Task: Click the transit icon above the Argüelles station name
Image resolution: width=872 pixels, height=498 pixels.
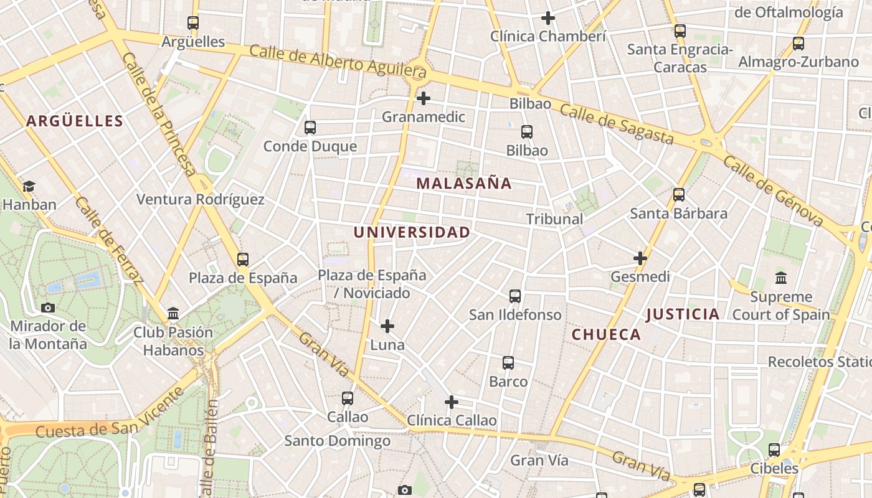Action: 193,23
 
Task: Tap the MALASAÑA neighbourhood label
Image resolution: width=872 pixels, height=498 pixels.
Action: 464,184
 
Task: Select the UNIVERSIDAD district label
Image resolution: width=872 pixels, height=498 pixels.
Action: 412,233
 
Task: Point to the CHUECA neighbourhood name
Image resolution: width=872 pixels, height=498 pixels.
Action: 606,335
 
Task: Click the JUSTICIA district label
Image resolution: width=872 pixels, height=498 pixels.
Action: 683,314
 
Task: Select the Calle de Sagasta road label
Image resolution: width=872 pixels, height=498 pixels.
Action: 617,124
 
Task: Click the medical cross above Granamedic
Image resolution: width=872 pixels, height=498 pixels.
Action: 424,98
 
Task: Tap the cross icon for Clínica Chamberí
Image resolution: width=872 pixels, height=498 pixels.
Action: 548,18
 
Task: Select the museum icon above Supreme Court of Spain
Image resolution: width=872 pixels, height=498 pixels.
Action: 781,278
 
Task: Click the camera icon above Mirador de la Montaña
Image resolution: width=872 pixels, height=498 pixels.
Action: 48,308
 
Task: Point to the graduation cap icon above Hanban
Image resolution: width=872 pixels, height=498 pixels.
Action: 29,186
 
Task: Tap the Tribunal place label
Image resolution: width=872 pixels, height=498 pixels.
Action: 554,219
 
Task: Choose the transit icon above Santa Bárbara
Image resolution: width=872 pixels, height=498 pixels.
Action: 679,195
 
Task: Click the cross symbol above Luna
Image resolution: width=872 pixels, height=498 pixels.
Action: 387,326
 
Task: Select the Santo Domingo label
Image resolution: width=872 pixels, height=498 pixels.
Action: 338,441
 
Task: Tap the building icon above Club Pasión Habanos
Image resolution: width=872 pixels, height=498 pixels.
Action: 173,313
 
